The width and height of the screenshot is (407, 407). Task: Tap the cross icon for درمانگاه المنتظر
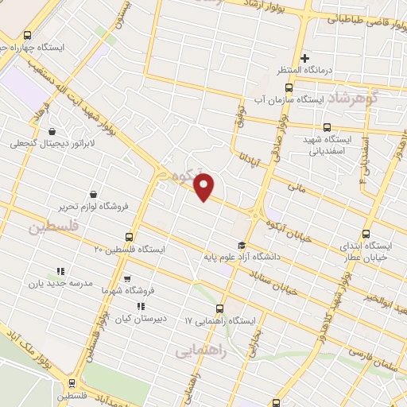tap(305, 58)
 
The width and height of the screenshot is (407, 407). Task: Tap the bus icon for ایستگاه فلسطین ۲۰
tap(129, 237)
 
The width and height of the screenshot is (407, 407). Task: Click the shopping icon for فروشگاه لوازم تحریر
tap(93, 194)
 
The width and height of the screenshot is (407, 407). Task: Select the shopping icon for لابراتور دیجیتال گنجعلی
tap(52, 131)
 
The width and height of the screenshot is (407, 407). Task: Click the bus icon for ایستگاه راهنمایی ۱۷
tap(220, 308)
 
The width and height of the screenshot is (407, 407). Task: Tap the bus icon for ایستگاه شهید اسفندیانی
tap(327, 127)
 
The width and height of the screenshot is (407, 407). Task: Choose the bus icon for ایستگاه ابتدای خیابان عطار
tap(366, 234)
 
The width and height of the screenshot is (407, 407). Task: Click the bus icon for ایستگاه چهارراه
tap(28, 35)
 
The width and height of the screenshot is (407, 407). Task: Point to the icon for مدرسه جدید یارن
tap(60, 271)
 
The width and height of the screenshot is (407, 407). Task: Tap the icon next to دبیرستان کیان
tap(141, 306)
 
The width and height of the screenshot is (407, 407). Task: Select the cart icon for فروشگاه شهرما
tap(127, 279)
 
